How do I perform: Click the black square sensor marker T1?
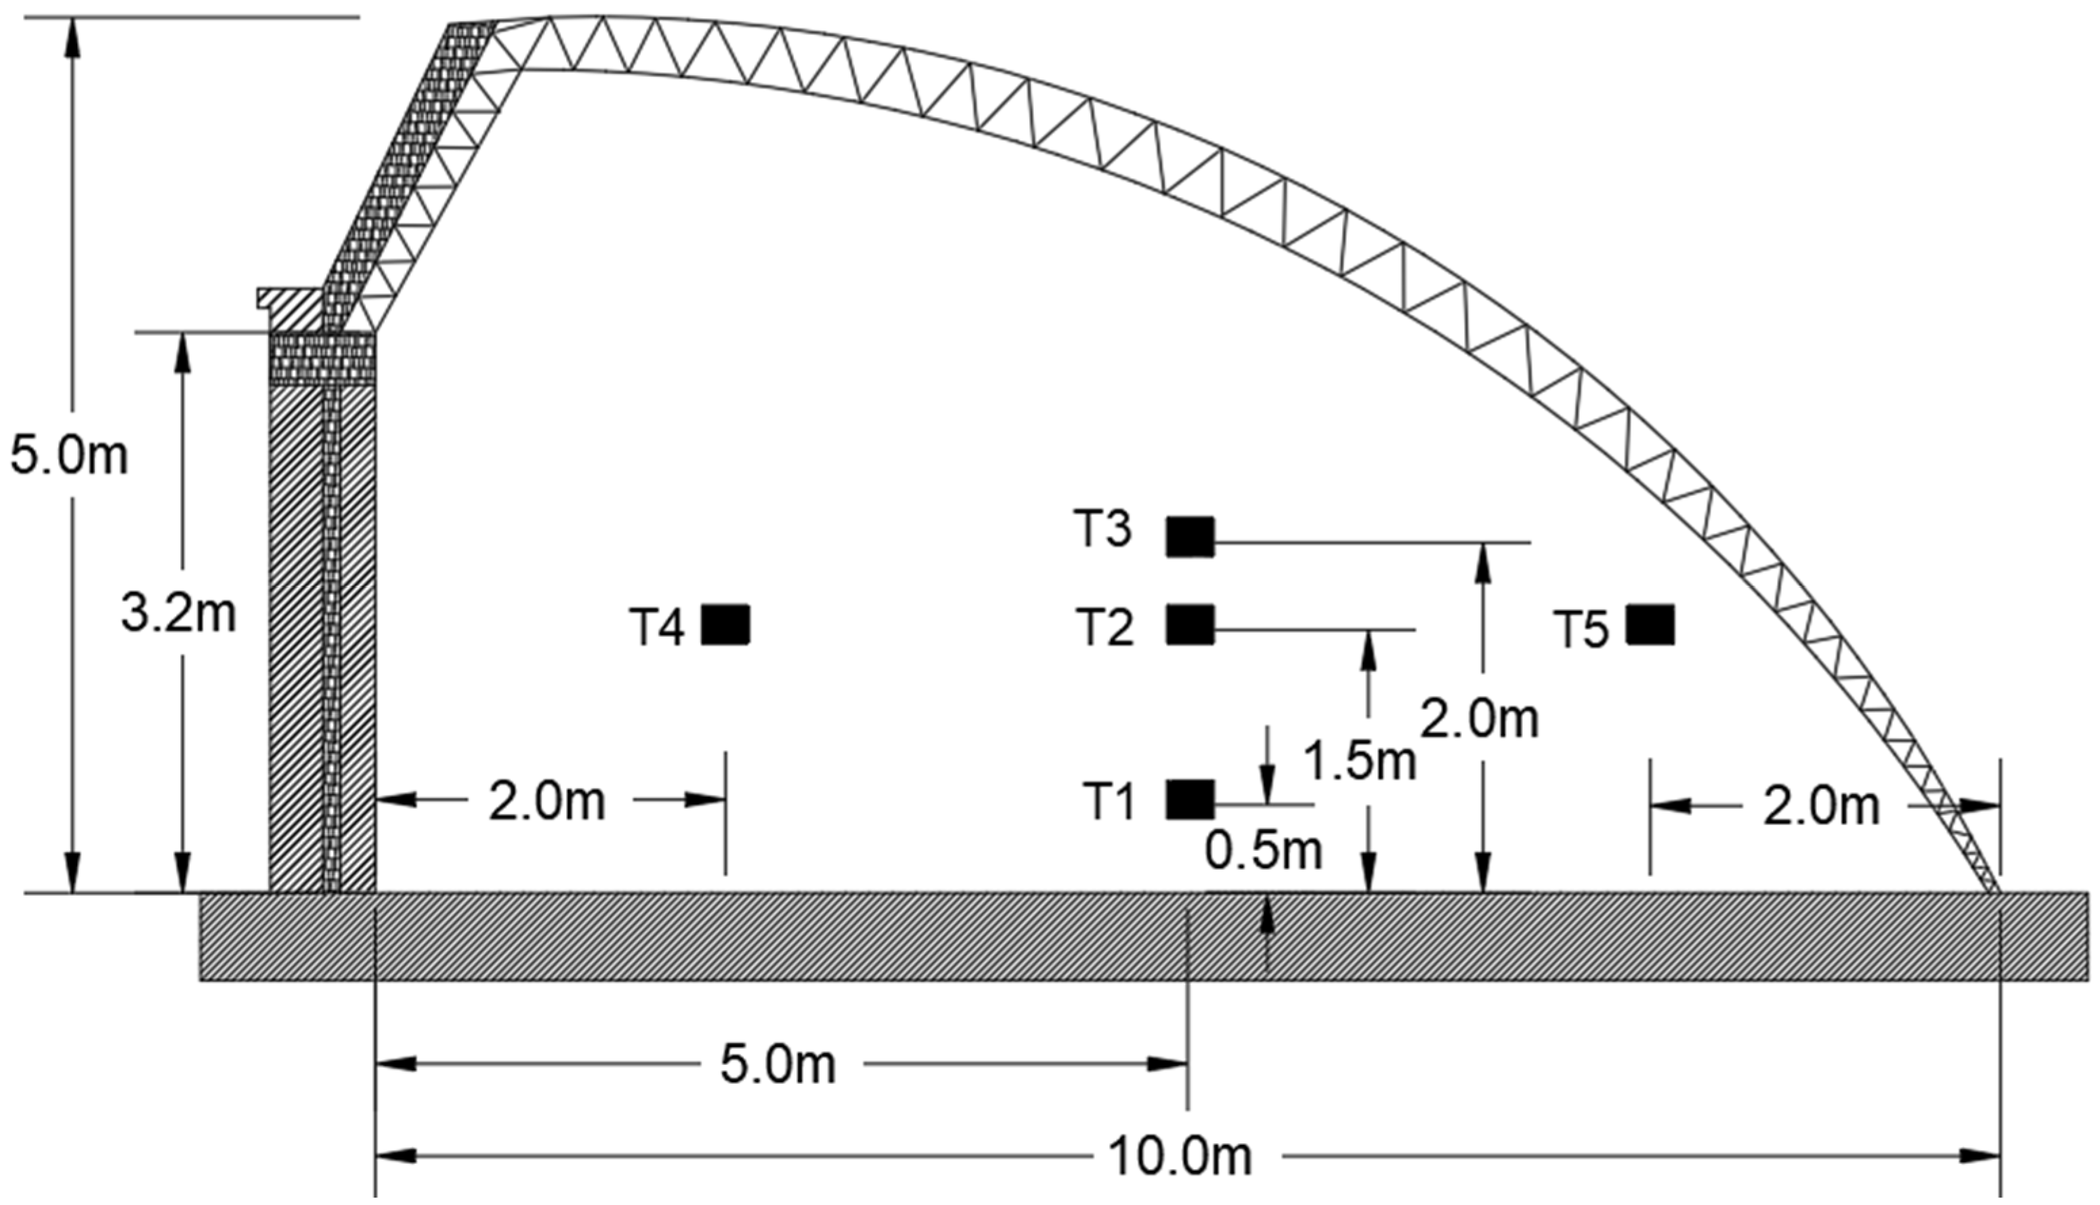(x=1190, y=799)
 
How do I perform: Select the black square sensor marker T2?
(x=1190, y=625)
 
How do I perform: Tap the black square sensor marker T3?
(x=1190, y=536)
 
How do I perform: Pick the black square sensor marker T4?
(x=726, y=625)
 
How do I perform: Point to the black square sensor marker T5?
(x=1650, y=625)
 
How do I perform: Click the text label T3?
(x=1103, y=529)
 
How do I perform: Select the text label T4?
(x=657, y=627)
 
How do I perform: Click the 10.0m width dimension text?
(x=1179, y=1156)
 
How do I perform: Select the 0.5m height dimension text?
(x=1264, y=850)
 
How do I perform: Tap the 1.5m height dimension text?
(x=1359, y=761)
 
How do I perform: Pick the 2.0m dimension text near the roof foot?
(x=1821, y=806)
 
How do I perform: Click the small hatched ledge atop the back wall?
(x=290, y=305)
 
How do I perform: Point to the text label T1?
(x=1109, y=801)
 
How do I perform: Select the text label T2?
(x=1105, y=627)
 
